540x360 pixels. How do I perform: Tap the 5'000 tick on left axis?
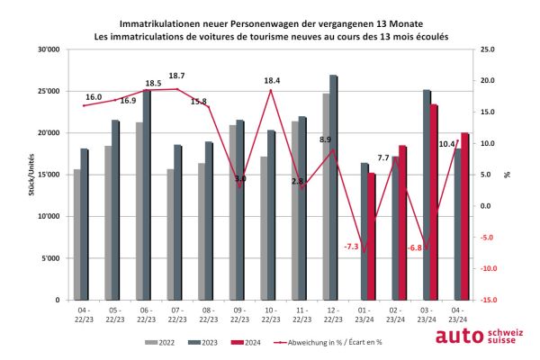50,258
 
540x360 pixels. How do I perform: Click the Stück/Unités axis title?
32,175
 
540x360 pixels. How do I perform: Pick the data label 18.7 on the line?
176,76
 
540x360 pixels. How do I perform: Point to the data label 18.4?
272,81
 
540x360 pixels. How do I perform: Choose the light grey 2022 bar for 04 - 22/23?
77,234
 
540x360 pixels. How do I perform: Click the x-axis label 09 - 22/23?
239,315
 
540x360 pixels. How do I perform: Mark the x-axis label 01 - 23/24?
364,315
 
